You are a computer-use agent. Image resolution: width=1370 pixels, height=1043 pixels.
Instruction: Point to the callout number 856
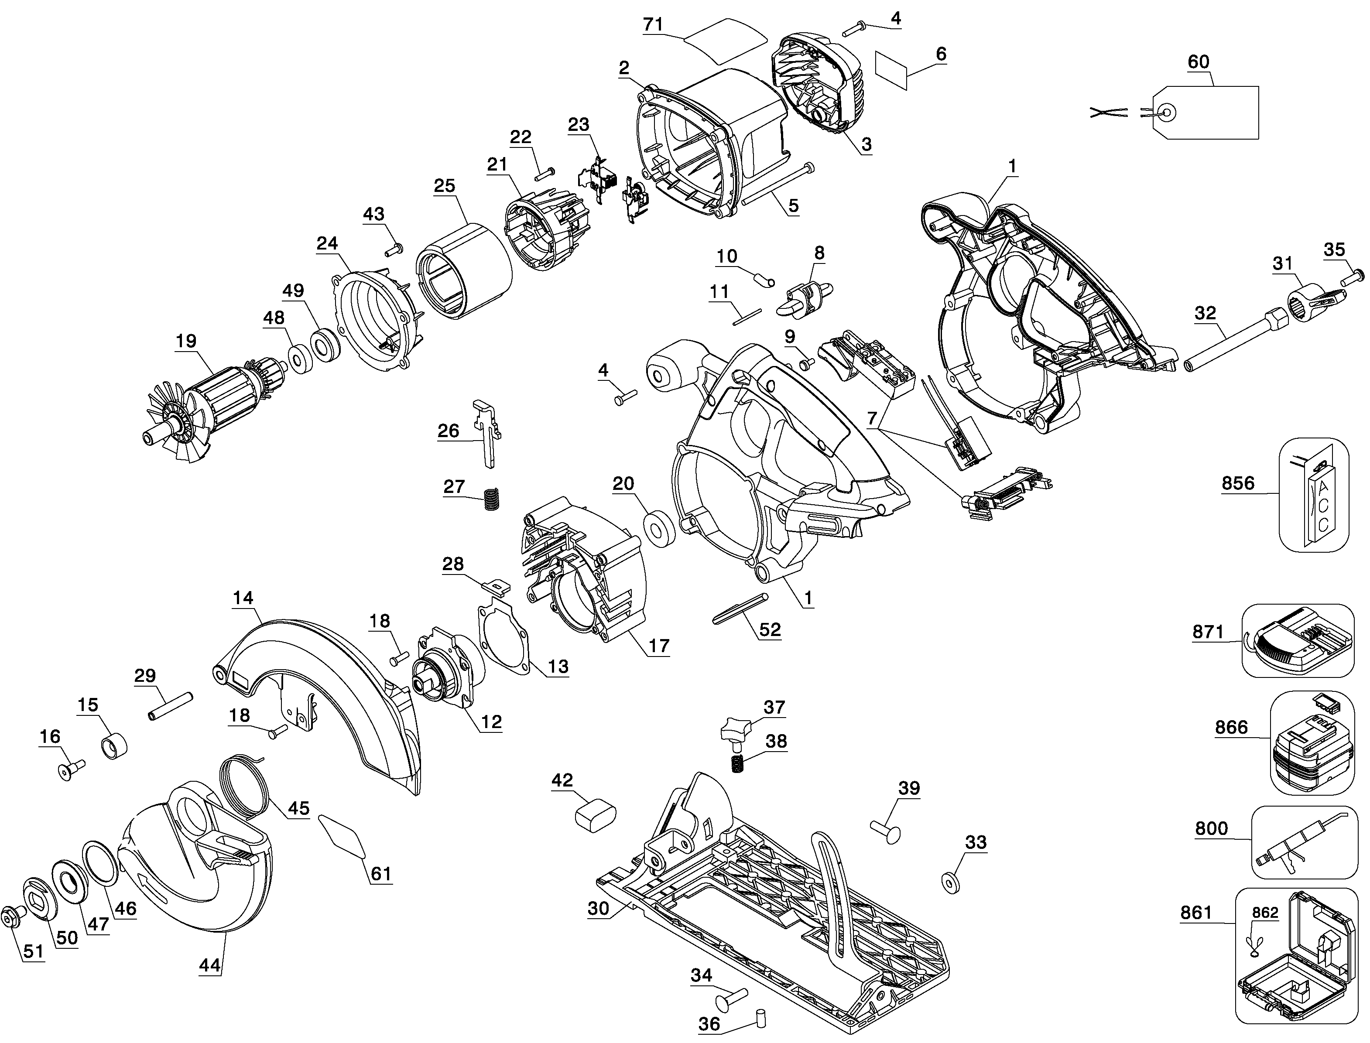tap(1238, 483)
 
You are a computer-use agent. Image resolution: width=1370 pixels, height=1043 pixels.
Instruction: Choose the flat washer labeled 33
tap(951, 882)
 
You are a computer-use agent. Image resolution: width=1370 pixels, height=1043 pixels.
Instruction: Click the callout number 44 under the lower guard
tap(210, 965)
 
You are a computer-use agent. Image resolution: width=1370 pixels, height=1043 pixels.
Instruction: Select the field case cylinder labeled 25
tap(464, 271)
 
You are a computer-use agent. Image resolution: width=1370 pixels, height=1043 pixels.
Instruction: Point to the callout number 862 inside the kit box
tap(1265, 913)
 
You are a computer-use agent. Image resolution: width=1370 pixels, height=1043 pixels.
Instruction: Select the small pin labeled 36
tap(760, 1019)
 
